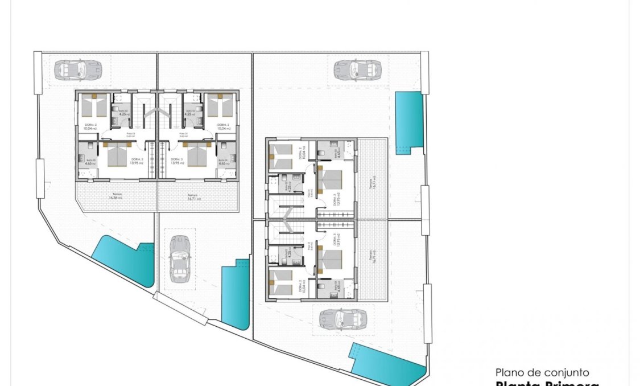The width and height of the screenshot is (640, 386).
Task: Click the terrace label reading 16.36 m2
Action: [x=117, y=197]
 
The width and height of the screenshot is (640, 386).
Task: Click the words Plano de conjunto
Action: [x=542, y=372]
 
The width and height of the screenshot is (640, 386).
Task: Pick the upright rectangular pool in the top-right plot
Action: [x=409, y=122]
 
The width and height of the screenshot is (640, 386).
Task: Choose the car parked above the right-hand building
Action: [x=357, y=69]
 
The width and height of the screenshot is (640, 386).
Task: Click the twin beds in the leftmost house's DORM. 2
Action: [x=94, y=105]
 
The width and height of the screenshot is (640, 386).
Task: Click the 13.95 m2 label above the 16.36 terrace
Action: [x=137, y=163]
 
